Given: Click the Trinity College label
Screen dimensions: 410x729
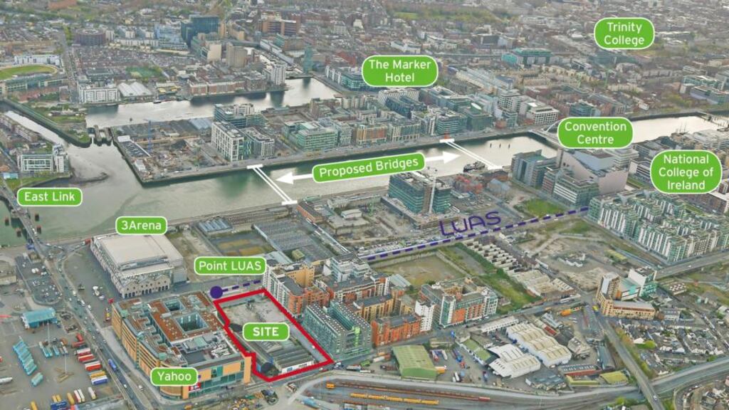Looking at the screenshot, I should coord(624,33).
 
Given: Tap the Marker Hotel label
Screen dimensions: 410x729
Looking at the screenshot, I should coord(400,71).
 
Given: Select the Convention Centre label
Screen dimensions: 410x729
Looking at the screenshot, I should coord(594,132).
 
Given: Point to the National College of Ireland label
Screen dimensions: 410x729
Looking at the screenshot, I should coord(686,172).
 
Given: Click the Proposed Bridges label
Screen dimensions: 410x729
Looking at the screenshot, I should coord(368,167).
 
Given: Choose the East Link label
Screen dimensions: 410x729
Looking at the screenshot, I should coord(49,196).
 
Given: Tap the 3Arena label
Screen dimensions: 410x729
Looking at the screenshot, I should coord(141,226).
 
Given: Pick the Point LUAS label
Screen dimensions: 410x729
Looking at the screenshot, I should coord(230,266).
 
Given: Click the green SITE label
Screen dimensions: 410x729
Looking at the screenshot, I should coord(266,331).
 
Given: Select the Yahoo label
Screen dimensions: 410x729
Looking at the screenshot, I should coord(174,376).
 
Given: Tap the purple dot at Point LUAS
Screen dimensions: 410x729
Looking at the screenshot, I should coord(216,291).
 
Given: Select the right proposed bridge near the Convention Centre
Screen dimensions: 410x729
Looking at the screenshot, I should coord(469,153).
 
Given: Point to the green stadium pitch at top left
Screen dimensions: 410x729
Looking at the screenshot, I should coord(27,72).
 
